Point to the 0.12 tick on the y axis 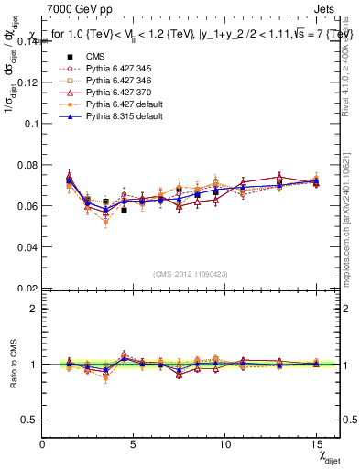coord(27,82)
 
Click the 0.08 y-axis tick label coord(27,164)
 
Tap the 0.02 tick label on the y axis coord(27,288)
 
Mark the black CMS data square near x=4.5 coord(124,210)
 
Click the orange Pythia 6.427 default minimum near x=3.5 coord(106,222)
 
